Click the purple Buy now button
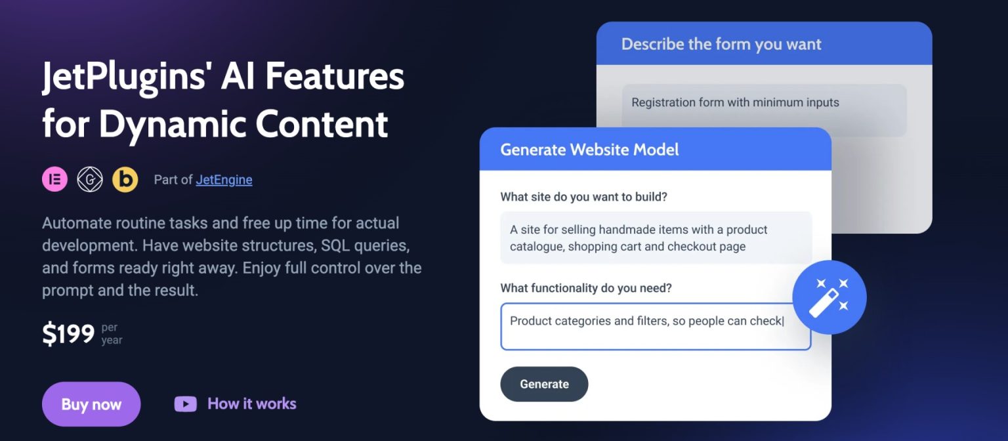click(x=91, y=404)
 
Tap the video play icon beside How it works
click(x=185, y=404)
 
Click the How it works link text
click(x=252, y=404)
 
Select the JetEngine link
click(x=224, y=180)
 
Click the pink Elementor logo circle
click(x=55, y=179)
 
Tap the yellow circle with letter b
click(x=125, y=179)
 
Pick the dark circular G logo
click(x=90, y=179)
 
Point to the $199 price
click(x=69, y=335)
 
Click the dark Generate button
click(x=544, y=385)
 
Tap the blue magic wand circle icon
click(x=829, y=297)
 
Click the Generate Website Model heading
click(x=589, y=150)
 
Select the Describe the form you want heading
click(x=721, y=44)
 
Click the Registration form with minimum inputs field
click(x=764, y=110)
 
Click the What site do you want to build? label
click(x=583, y=197)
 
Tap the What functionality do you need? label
click(x=586, y=288)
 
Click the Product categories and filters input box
click(x=655, y=327)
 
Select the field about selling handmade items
click(x=655, y=238)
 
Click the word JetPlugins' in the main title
click(x=125, y=77)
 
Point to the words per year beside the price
click(x=112, y=334)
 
